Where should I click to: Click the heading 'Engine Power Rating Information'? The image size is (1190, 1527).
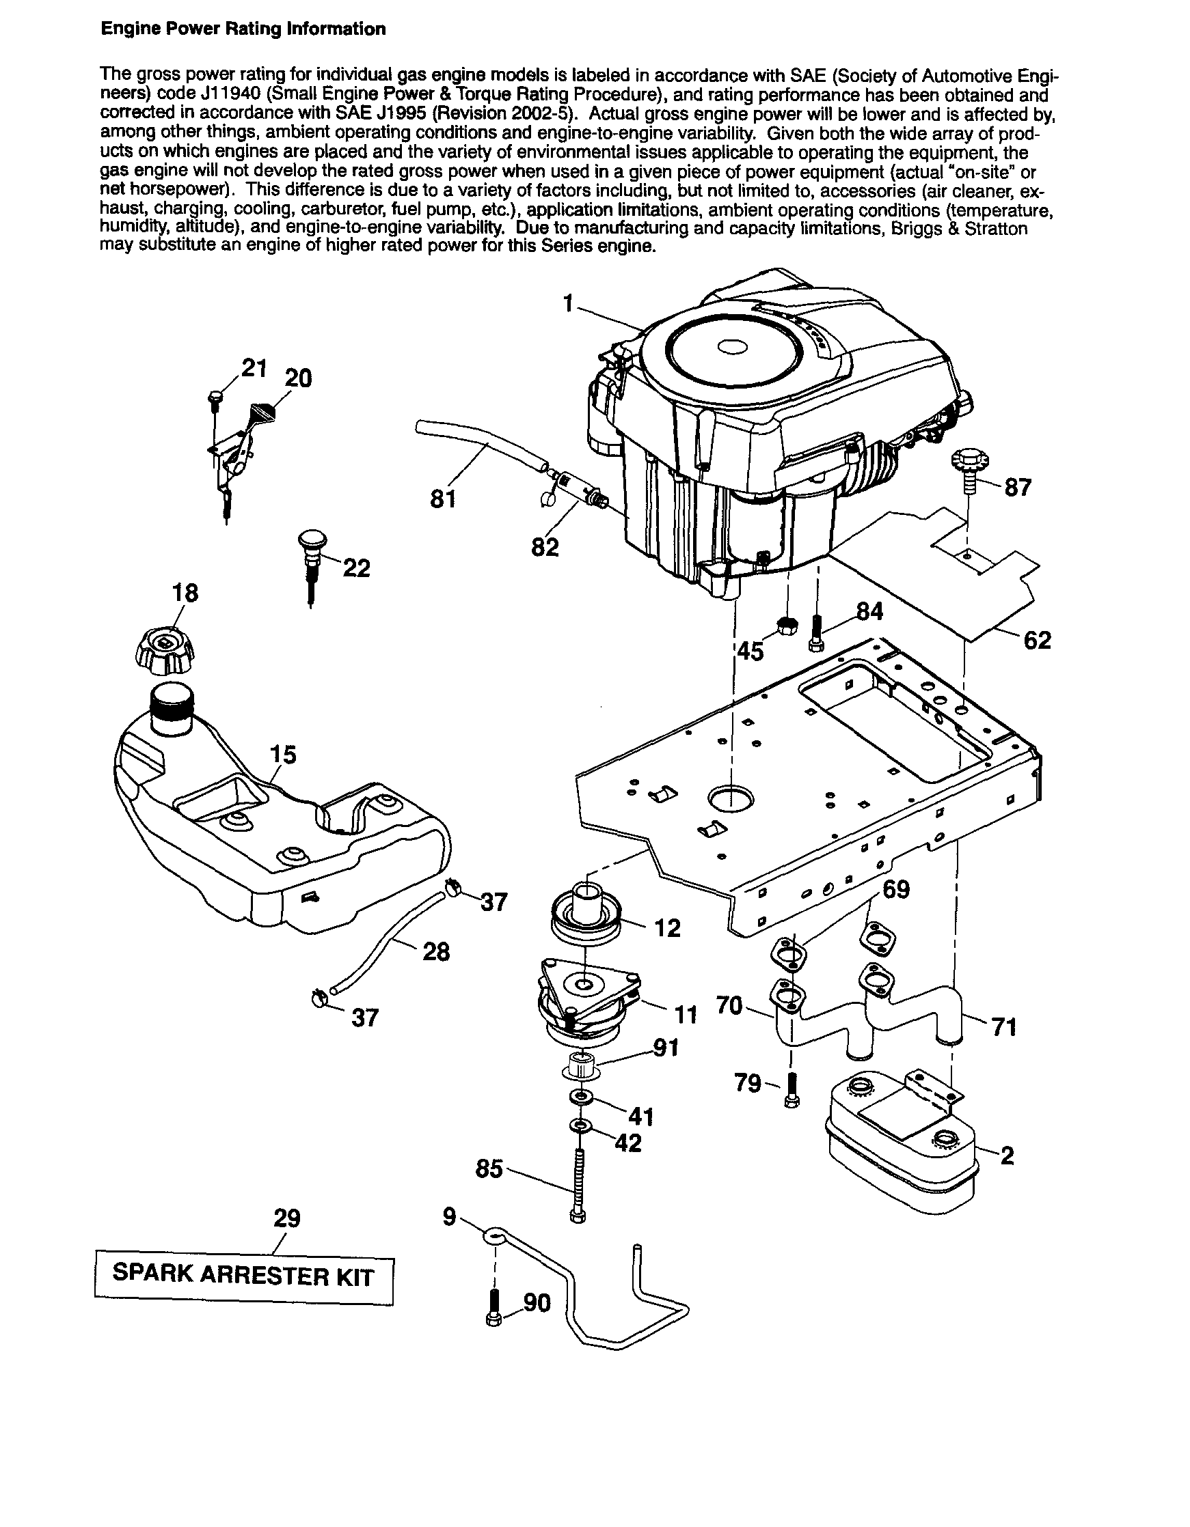[x=243, y=29]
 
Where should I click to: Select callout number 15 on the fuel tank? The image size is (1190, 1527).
[x=284, y=755]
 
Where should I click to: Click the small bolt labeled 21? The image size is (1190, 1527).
[x=214, y=397]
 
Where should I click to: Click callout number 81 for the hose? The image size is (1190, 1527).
[x=444, y=499]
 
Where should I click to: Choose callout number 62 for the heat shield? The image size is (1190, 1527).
[x=1037, y=640]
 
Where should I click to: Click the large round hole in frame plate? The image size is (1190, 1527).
[x=731, y=798]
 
